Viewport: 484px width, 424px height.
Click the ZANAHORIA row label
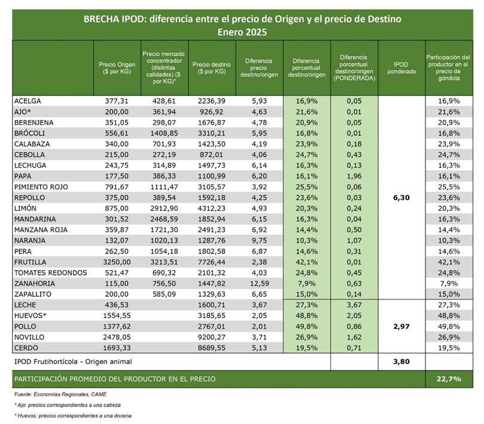coord(35,283)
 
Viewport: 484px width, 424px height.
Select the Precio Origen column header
coord(117,68)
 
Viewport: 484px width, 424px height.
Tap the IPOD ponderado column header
coord(401,68)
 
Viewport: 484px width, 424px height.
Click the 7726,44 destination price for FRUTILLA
coord(212,262)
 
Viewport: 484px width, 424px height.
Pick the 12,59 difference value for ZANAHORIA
coord(258,283)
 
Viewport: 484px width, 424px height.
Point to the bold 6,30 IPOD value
coord(401,198)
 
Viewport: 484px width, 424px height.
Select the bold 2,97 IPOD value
coord(401,326)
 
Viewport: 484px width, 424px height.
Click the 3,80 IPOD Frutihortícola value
coord(401,362)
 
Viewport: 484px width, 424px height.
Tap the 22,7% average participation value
coord(449,379)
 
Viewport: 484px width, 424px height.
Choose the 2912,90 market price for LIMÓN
coord(164,208)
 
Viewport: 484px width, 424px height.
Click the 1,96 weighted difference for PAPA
coord(354,176)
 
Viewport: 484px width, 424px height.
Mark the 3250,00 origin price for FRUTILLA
coord(117,262)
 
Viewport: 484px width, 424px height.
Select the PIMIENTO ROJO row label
coord(41,187)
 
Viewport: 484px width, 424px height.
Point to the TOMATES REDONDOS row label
coord(51,273)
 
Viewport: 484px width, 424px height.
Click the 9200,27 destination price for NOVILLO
coord(212,337)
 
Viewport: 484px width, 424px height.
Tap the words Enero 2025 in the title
coord(242,32)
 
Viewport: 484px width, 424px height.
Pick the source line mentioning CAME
coord(60,394)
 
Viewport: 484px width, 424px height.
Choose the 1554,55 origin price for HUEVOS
coord(117,316)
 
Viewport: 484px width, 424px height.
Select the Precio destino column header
coord(212,68)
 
